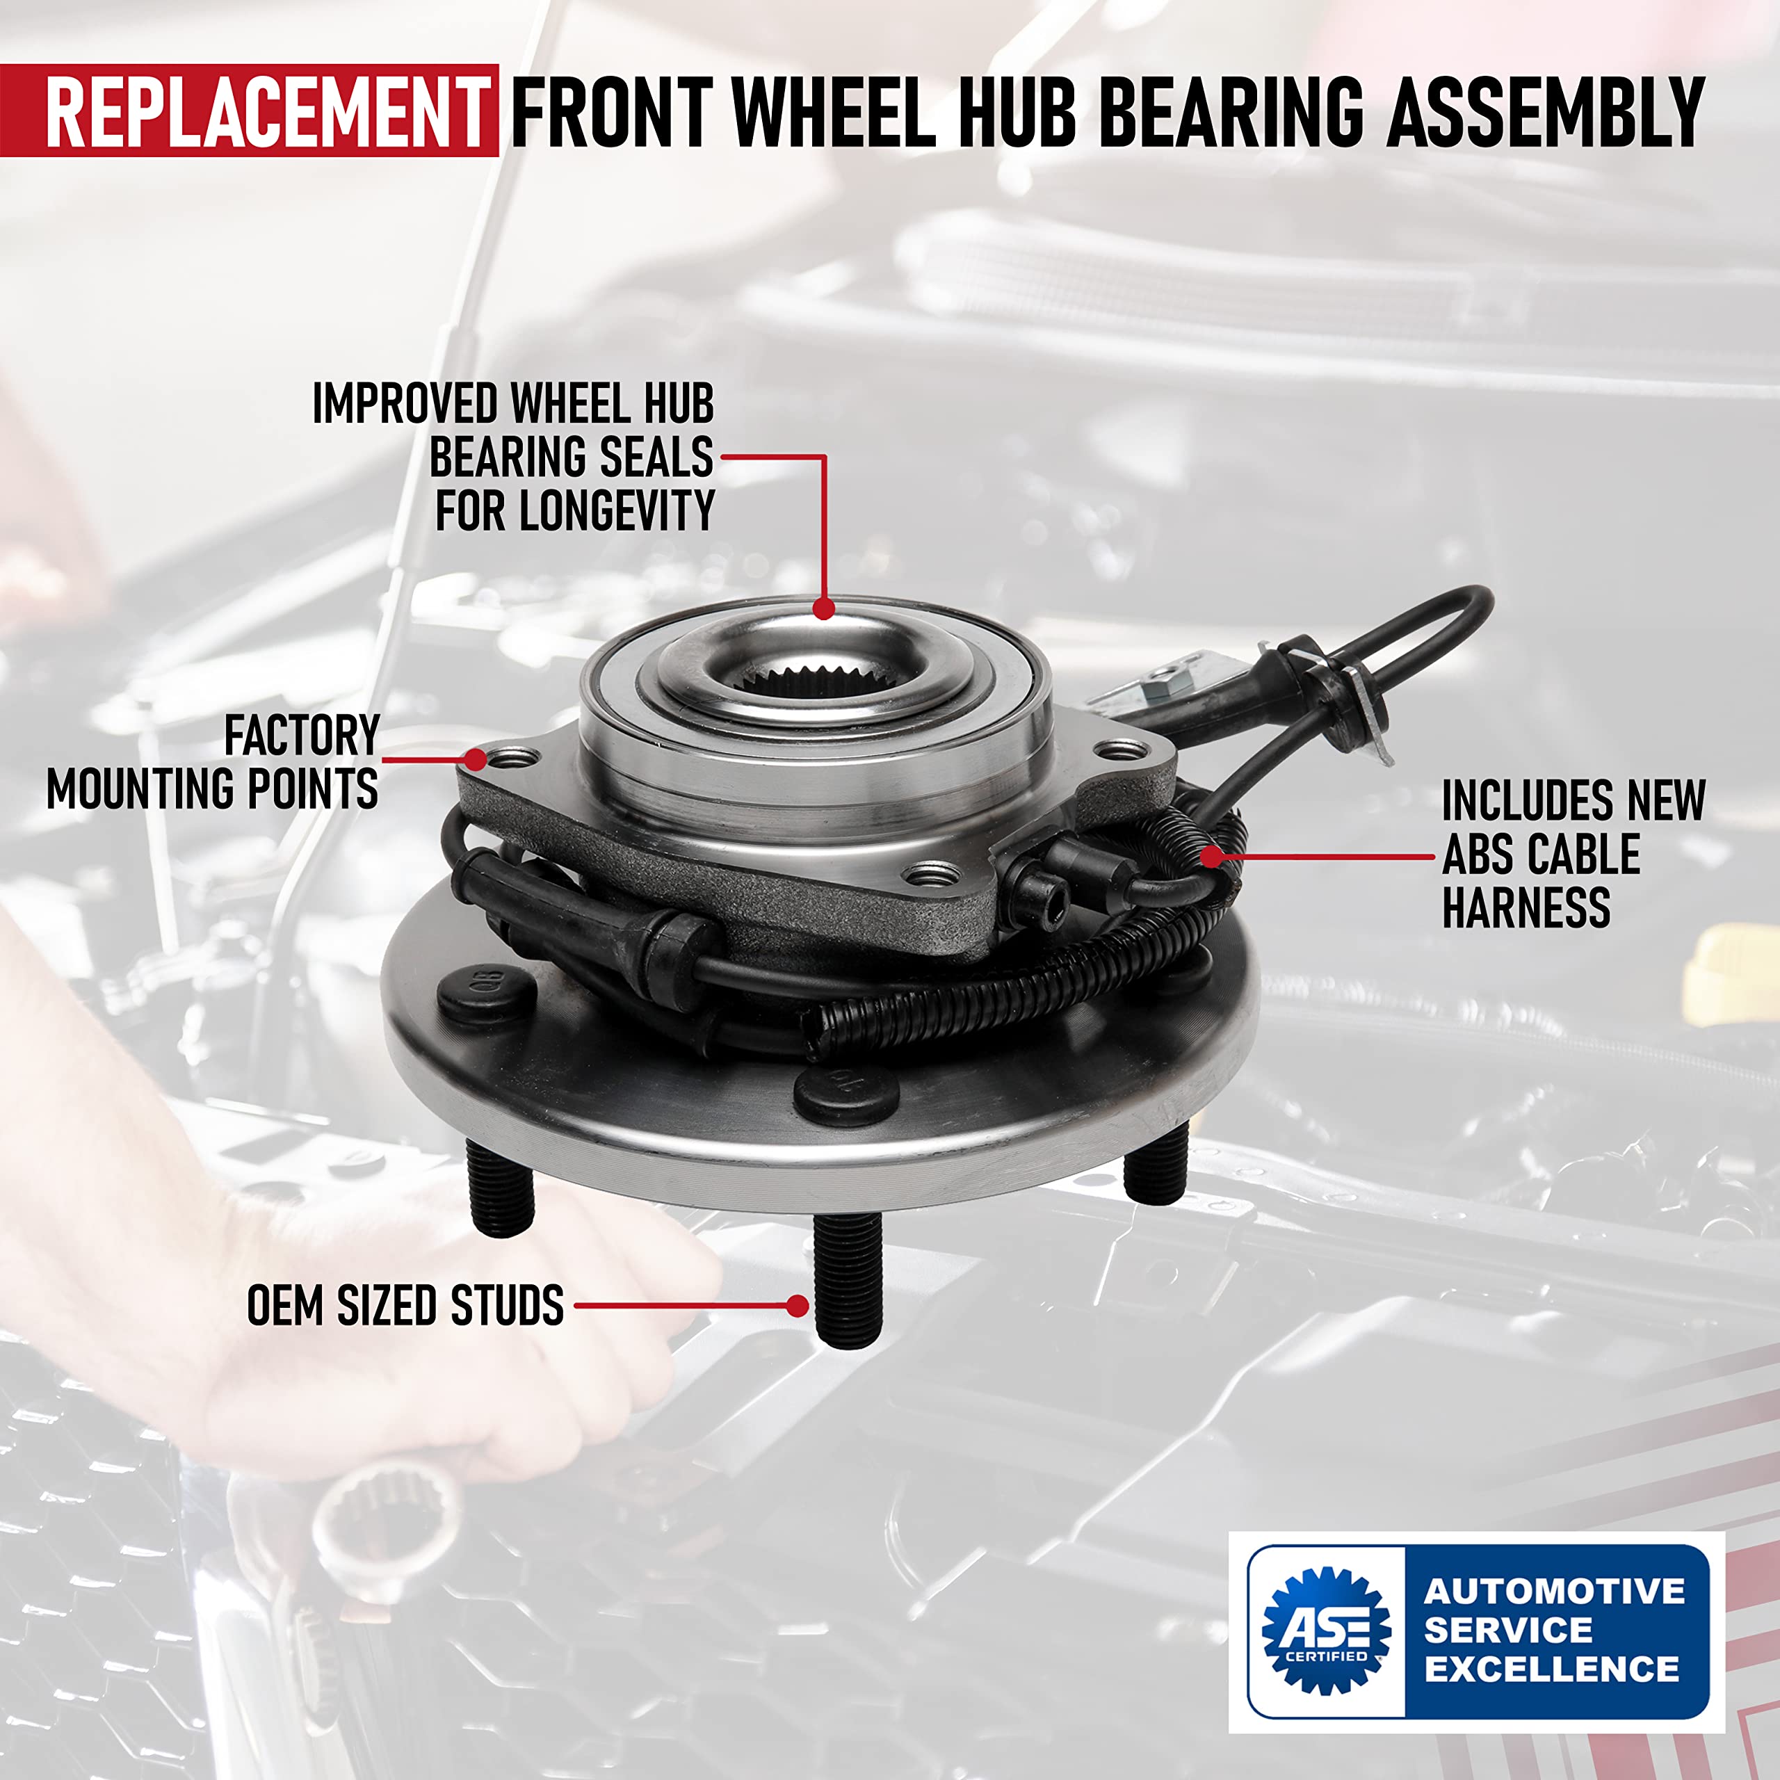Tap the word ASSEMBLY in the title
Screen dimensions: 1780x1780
point(1545,113)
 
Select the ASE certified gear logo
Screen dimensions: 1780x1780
point(1326,1631)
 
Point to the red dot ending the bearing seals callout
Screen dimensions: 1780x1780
point(824,608)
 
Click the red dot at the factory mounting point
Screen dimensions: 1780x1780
point(474,759)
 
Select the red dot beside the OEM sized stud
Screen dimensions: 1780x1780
point(798,1306)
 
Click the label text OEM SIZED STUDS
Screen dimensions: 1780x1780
point(405,1306)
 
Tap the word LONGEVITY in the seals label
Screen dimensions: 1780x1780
point(616,510)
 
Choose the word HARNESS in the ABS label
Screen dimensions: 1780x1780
point(1526,909)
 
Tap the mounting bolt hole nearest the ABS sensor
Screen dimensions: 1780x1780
point(932,873)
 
